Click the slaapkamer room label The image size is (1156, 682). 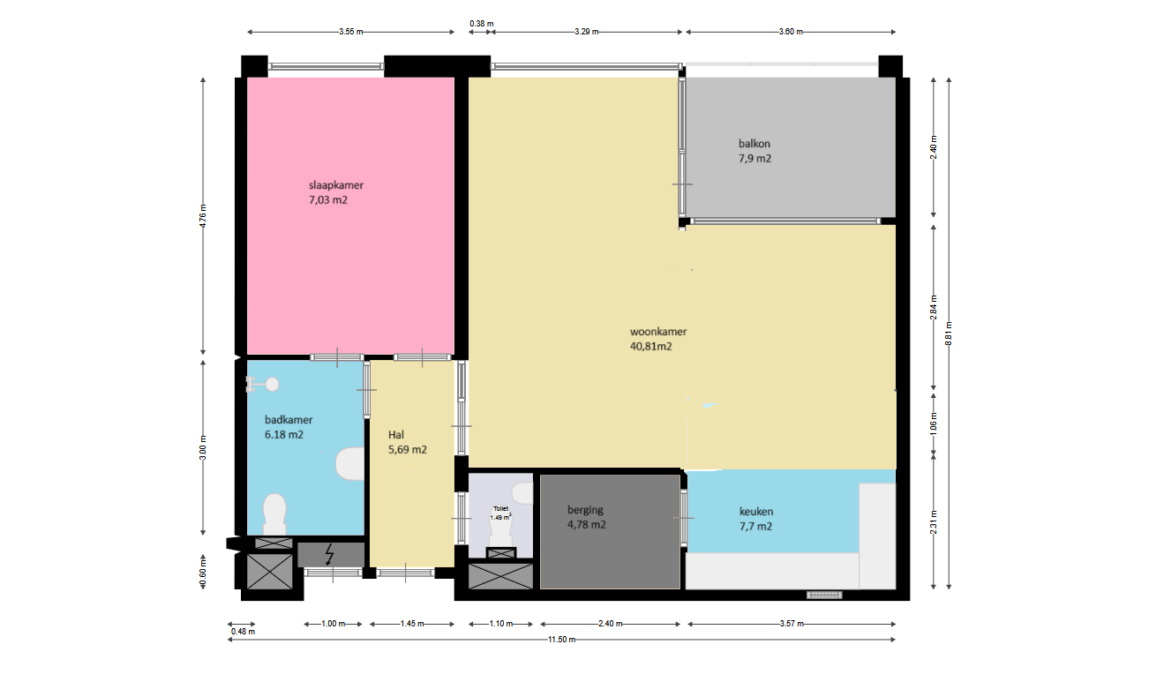click(336, 192)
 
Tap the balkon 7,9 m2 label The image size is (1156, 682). click(754, 151)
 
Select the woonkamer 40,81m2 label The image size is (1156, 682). click(658, 339)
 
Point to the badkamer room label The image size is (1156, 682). click(289, 427)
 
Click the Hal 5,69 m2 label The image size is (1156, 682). click(407, 442)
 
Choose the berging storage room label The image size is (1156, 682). click(586, 517)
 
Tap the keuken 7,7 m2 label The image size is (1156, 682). click(756, 519)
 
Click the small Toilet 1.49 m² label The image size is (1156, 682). click(500, 513)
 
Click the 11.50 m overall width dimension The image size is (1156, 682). click(561, 640)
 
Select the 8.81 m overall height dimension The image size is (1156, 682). click(949, 334)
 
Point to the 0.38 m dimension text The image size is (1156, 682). click(482, 24)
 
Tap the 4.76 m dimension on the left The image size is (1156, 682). click(203, 216)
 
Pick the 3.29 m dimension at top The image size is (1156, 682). click(587, 32)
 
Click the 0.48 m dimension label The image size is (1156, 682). click(243, 632)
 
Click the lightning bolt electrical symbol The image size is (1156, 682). click(329, 554)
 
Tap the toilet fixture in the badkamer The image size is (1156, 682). click(274, 514)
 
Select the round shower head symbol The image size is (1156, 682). click(272, 385)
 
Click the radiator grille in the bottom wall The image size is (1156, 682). click(825, 595)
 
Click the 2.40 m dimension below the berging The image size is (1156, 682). click(611, 624)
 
